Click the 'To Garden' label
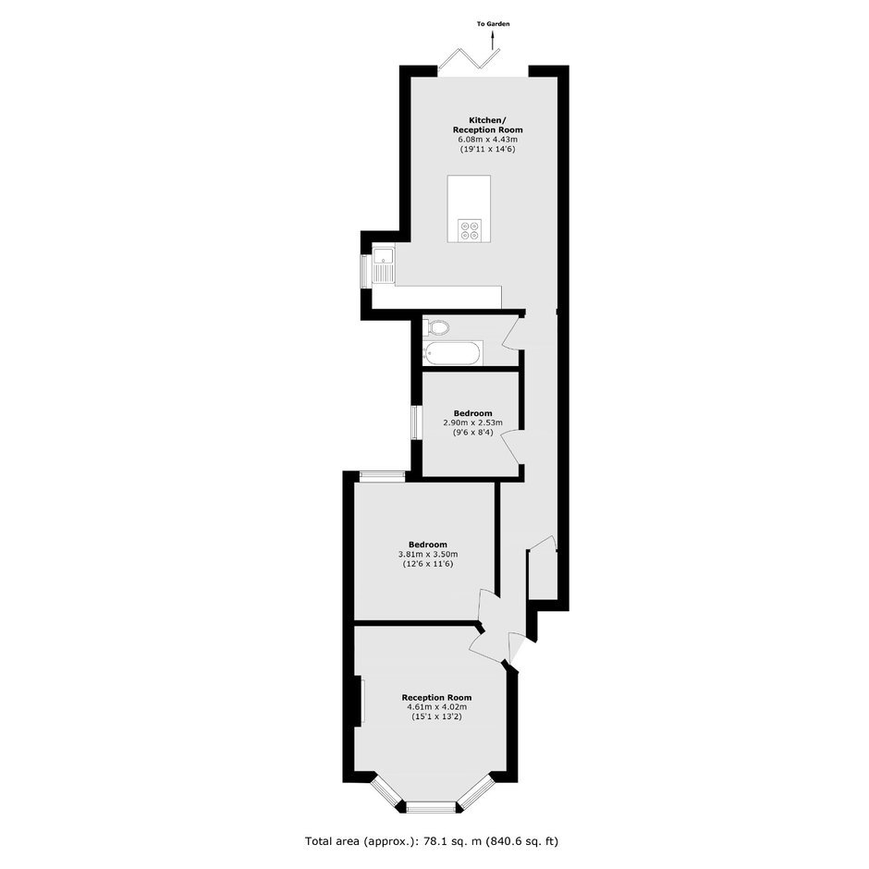point(493,24)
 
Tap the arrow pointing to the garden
point(493,40)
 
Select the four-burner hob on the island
point(470,230)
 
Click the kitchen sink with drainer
point(383,265)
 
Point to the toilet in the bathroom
point(435,327)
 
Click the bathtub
point(453,353)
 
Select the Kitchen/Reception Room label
point(488,125)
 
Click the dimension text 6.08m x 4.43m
point(488,139)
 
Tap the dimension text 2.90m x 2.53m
point(472,422)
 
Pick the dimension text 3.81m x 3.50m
point(428,554)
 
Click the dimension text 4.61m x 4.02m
point(436,706)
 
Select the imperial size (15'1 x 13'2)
point(436,716)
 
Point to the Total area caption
point(432,840)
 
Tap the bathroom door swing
point(512,333)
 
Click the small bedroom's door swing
point(512,447)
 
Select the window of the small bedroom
point(417,423)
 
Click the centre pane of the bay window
point(432,807)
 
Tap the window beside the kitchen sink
point(366,271)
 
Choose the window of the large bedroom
point(383,476)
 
